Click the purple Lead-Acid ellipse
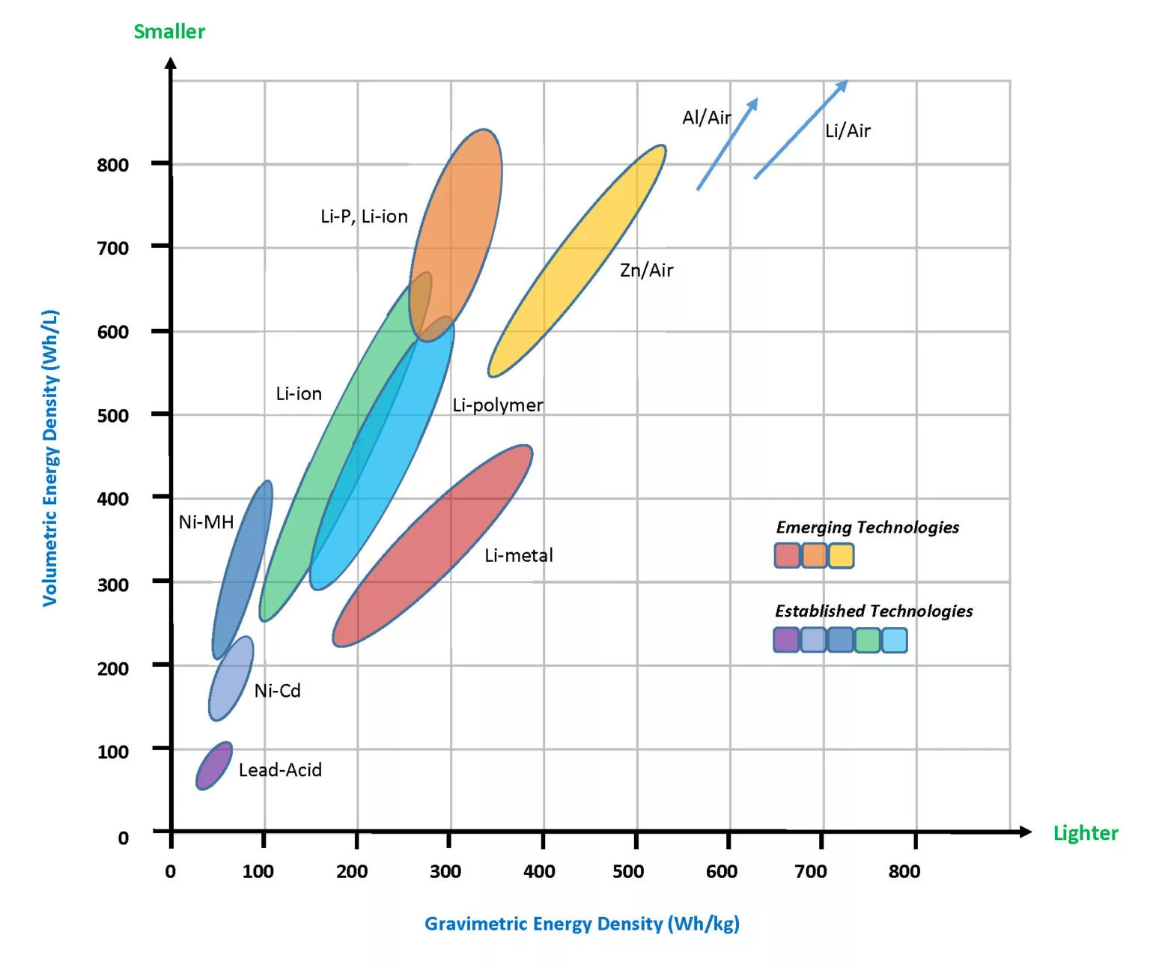[x=214, y=766]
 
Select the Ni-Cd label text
[x=277, y=691]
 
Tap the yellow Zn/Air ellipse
[x=577, y=260]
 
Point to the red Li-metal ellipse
[x=433, y=545]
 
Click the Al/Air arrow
[x=727, y=144]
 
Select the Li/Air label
[x=848, y=131]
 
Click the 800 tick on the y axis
[x=112, y=165]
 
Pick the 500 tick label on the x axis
[x=627, y=871]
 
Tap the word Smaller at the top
[x=169, y=31]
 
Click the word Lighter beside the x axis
[x=1085, y=833]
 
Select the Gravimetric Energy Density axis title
[x=582, y=924]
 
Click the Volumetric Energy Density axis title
[x=50, y=458]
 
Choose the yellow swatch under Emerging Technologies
[x=841, y=556]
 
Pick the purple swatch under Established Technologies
[x=786, y=641]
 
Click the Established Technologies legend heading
[x=874, y=611]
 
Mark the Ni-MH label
[x=206, y=522]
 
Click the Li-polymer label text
[x=498, y=405]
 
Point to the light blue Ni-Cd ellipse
[x=231, y=679]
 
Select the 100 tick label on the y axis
[x=112, y=751]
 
